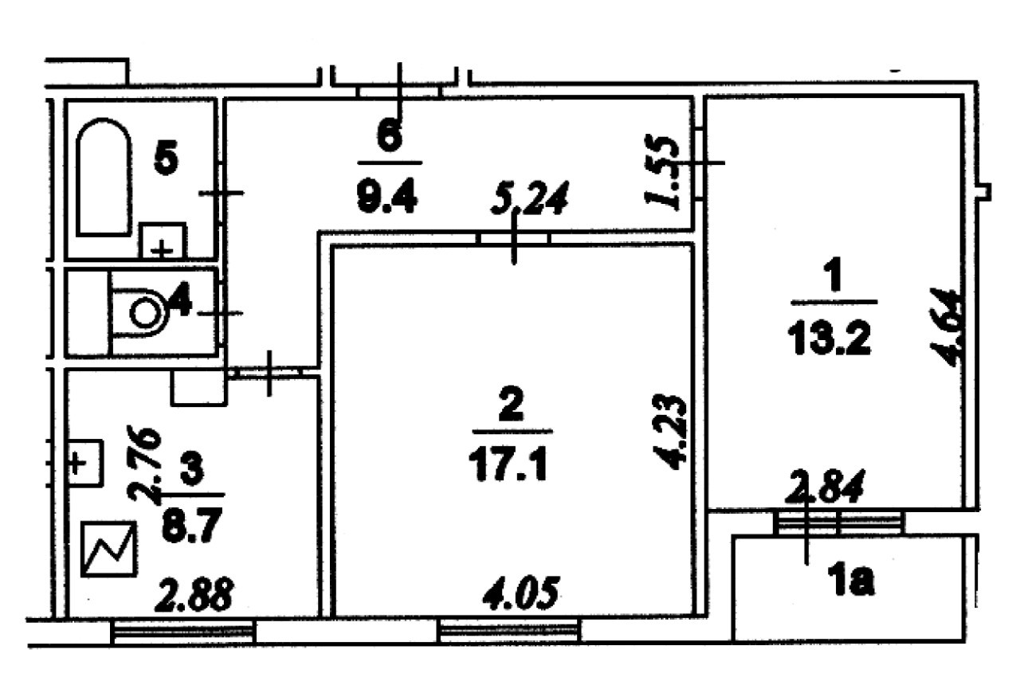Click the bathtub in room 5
click(104, 177)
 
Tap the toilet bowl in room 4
click(144, 312)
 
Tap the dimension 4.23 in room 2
click(666, 430)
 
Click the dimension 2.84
click(824, 486)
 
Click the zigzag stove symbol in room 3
click(111, 549)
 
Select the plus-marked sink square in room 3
click(84, 462)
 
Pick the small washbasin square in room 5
click(163, 240)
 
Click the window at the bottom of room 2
click(510, 632)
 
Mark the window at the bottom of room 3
click(182, 632)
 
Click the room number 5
click(166, 159)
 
